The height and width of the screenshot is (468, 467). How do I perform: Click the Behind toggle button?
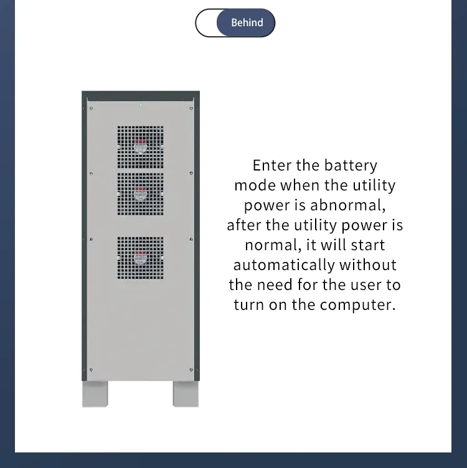tap(235, 22)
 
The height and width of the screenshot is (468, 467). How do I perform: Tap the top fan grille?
tap(140, 147)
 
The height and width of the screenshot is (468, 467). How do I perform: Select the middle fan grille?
tap(140, 194)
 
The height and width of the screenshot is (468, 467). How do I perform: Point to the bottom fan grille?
tap(140, 258)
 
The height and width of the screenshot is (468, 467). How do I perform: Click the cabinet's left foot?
tap(95, 394)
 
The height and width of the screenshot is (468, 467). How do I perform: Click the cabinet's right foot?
tap(186, 394)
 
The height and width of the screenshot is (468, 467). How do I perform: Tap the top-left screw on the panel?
tap(91, 109)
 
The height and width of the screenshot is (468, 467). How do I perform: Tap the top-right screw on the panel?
tap(191, 109)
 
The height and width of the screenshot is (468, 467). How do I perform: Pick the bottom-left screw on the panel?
tap(91, 370)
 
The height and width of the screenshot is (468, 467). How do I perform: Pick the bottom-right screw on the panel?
tap(191, 370)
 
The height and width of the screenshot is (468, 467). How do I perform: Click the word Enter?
tap(271, 166)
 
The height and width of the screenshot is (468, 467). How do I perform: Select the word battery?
tap(351, 166)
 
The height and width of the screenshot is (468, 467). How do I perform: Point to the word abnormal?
tap(347, 205)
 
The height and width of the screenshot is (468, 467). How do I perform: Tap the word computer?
tap(357, 305)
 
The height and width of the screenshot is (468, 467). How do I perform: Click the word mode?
tap(255, 185)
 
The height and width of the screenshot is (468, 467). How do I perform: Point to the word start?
tap(368, 245)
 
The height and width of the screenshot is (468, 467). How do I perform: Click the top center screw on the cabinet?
tap(140, 105)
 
